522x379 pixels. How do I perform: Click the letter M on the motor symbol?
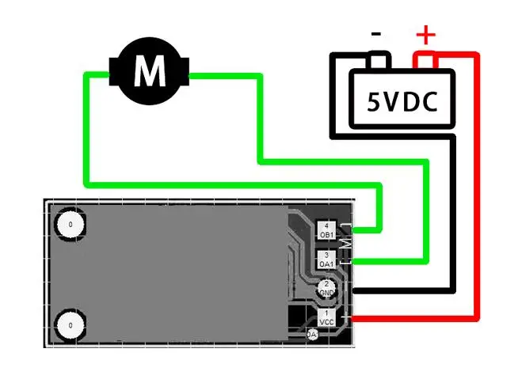[x=150, y=72]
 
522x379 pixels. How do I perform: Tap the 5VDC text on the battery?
[x=402, y=100]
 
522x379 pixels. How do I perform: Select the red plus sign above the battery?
[x=426, y=35]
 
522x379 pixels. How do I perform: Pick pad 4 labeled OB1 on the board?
[x=326, y=231]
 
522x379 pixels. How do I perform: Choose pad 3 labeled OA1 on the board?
[x=326, y=259]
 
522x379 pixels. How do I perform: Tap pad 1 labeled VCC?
[x=326, y=318]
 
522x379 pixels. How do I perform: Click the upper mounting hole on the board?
[x=70, y=225]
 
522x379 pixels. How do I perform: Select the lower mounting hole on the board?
[x=70, y=324]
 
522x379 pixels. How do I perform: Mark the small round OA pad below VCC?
[x=312, y=335]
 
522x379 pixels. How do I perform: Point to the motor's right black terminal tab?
[x=185, y=73]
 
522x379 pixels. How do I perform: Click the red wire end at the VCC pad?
[x=353, y=318]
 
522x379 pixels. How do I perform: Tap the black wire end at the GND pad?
[x=353, y=290]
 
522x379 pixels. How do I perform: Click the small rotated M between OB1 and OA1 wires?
[x=344, y=244]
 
